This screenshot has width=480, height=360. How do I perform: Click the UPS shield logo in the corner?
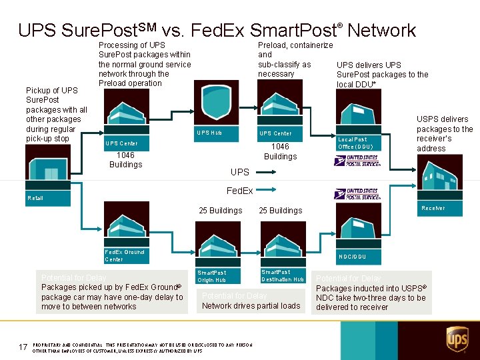pyautogui.click(x=457, y=342)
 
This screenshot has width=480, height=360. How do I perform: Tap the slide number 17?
pyautogui.click(x=23, y=347)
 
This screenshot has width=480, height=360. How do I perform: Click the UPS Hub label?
pyautogui.click(x=209, y=133)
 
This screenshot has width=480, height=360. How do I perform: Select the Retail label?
pyautogui.click(x=35, y=198)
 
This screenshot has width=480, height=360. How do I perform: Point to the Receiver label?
pyautogui.click(x=433, y=208)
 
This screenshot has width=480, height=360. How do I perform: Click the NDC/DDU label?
pyautogui.click(x=352, y=256)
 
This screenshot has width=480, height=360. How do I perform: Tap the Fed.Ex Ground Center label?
pyautogui.click(x=125, y=255)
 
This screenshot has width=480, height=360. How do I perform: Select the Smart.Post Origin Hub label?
pyautogui.click(x=212, y=276)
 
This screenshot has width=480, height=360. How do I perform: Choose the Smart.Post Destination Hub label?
pyautogui.click(x=283, y=275)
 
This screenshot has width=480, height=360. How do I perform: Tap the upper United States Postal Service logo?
pyautogui.click(x=357, y=161)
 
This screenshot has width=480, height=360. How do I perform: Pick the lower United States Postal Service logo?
pyautogui.click(x=357, y=194)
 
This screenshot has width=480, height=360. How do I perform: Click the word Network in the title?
pyautogui.click(x=381, y=30)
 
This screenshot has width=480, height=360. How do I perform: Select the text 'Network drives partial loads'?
pyautogui.click(x=251, y=305)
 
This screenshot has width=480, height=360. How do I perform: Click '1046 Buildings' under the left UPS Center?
pyautogui.click(x=126, y=159)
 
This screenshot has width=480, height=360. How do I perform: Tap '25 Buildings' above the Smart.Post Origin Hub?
pyautogui.click(x=221, y=211)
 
